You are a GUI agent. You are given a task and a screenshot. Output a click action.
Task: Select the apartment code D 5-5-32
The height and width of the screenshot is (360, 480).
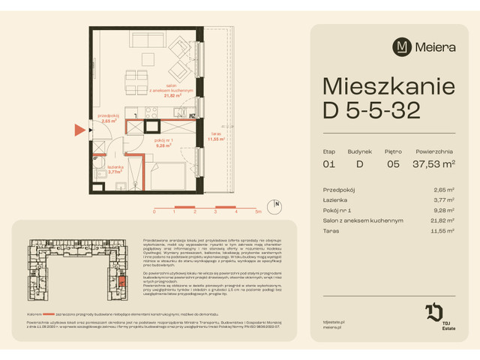click(x=371, y=112)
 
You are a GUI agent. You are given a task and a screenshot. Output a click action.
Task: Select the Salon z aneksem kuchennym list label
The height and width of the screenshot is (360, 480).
click(x=363, y=220)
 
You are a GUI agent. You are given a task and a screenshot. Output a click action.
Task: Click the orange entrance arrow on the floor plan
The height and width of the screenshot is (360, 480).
click(x=79, y=130)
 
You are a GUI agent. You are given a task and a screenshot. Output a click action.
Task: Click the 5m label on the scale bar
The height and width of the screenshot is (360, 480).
click(x=257, y=212)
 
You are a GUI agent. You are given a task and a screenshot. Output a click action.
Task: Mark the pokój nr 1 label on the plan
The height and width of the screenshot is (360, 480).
click(x=164, y=140)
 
